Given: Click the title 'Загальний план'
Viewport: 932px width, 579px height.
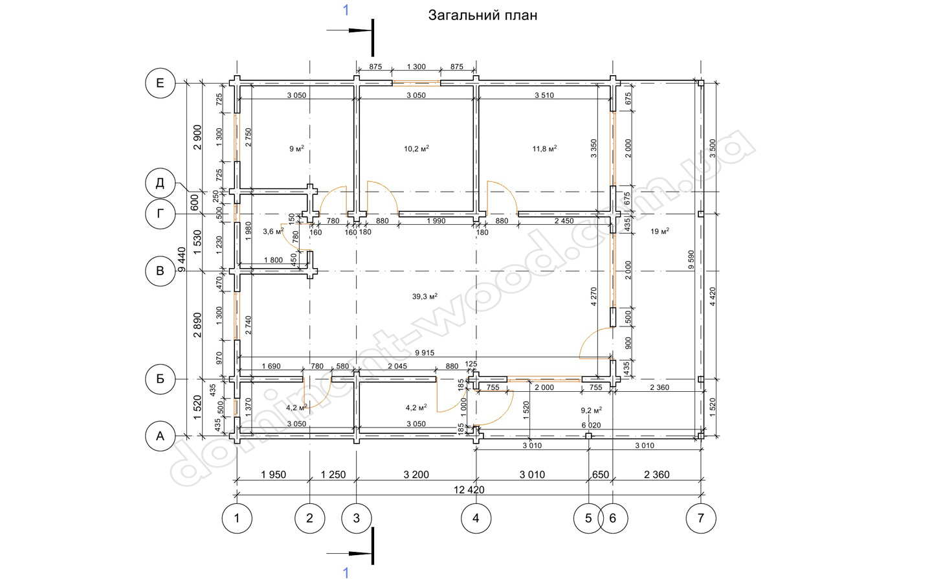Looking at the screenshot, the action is click(483, 16).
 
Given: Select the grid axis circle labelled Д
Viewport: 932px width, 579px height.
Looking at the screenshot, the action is click(161, 183).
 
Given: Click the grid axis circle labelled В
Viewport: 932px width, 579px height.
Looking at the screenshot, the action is click(161, 271).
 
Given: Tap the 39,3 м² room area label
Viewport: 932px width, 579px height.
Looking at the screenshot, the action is click(425, 297).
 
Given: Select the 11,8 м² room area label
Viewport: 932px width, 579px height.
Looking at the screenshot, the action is click(544, 148).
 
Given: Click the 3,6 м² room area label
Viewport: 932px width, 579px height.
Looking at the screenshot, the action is click(273, 231).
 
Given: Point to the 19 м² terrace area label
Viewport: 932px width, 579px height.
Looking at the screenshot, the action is click(660, 231).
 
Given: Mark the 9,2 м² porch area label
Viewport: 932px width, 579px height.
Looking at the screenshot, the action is click(592, 411).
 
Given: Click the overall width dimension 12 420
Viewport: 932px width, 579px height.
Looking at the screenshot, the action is click(469, 490).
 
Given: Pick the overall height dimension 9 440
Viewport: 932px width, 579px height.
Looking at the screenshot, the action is click(182, 259).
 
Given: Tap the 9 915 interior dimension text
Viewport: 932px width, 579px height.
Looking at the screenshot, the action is click(425, 353).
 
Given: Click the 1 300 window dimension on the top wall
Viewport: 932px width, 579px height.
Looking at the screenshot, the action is click(416, 67).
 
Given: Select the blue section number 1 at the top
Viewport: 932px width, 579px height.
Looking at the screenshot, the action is click(346, 10).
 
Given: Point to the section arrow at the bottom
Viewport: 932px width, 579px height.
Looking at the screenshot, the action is click(349, 554).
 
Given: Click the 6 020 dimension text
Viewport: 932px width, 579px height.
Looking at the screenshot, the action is click(592, 426).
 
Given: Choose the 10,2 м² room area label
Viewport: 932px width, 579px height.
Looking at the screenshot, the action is click(416, 148).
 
